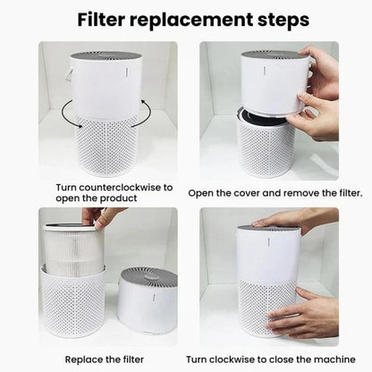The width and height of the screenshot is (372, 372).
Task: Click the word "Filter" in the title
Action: [x=101, y=20]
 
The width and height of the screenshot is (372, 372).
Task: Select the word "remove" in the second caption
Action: [x=300, y=193]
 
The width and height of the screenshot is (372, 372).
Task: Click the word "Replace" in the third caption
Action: [x=84, y=359]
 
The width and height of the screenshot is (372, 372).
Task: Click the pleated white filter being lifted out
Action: [x=73, y=249]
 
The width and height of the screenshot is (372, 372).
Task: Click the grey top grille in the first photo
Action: [x=106, y=56]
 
